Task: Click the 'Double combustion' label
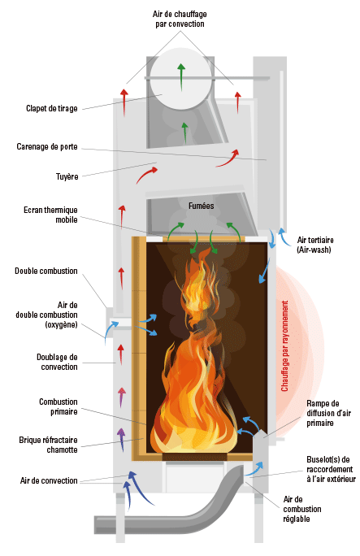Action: pyautogui.click(x=46, y=271)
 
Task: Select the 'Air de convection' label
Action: pyautogui.click(x=49, y=480)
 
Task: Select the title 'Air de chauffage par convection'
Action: pyautogui.click(x=180, y=20)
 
